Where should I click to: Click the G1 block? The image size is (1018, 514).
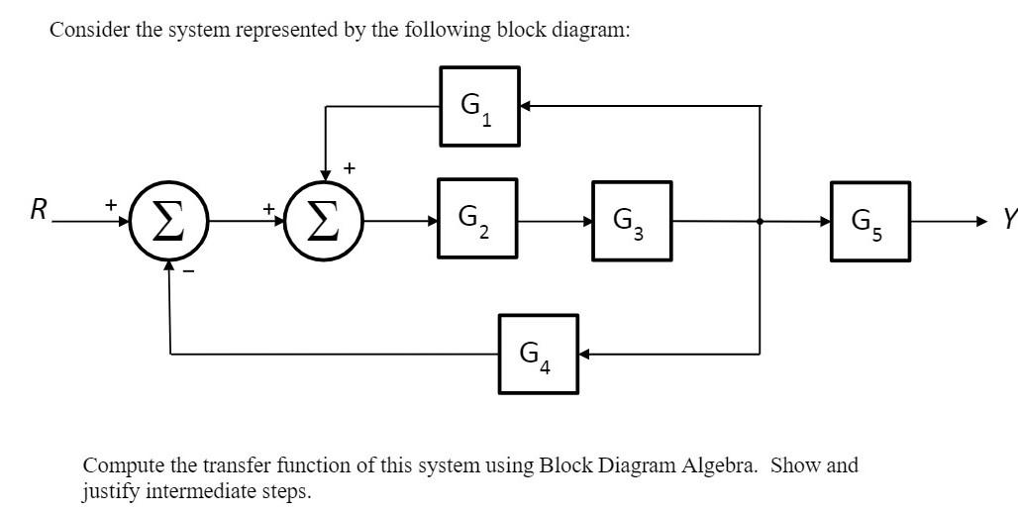click(x=479, y=106)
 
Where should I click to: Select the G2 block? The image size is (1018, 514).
click(x=477, y=218)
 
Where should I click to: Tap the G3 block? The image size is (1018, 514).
click(x=632, y=221)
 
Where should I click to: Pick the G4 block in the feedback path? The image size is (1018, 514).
click(x=539, y=353)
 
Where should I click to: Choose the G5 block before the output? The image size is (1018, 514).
click(x=869, y=221)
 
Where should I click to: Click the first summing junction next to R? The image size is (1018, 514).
click(x=170, y=221)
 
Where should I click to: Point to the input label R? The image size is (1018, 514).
click(x=39, y=209)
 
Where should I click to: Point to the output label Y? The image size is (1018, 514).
click(x=1009, y=221)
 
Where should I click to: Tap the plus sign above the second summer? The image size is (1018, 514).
click(x=350, y=169)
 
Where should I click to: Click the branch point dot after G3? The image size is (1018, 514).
click(x=760, y=221)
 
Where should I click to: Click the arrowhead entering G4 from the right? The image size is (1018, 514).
click(x=584, y=353)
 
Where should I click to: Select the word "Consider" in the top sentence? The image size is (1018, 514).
click(x=83, y=30)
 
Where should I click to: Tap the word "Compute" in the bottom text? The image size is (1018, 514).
click(x=120, y=465)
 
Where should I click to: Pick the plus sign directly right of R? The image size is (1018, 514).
click(x=111, y=204)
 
